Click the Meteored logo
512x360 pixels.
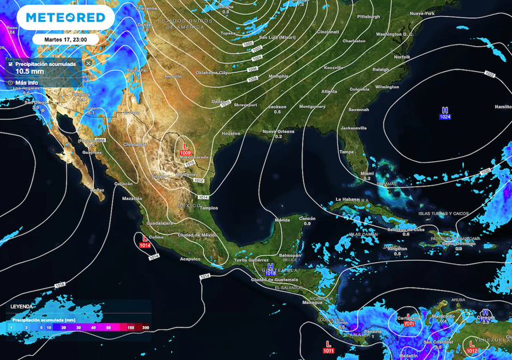60,17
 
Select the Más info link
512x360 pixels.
26,83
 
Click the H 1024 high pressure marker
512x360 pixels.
445,113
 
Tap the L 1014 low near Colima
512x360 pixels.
145,241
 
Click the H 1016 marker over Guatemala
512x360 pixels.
271,269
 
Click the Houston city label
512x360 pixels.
231,133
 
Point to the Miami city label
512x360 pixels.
367,173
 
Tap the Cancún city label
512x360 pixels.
307,218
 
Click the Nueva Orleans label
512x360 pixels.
278,131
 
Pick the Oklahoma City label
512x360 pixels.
211,72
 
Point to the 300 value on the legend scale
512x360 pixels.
145,327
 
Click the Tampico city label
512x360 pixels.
209,207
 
